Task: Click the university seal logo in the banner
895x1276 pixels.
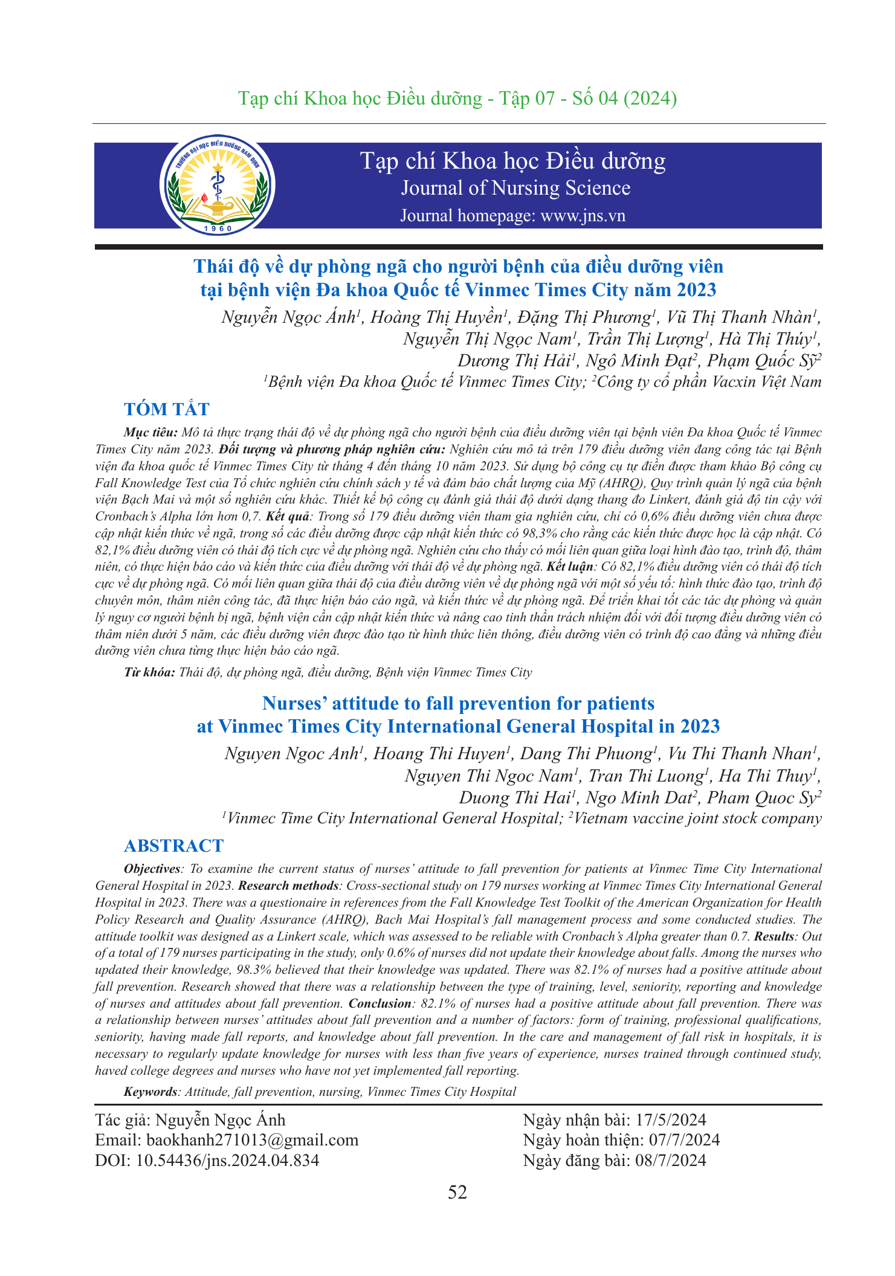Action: click(217, 185)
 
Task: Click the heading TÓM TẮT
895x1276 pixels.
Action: click(167, 409)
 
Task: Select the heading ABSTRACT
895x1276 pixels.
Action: click(173, 846)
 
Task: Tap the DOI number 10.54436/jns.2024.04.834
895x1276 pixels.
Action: click(228, 1161)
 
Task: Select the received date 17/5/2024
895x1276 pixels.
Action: click(671, 1120)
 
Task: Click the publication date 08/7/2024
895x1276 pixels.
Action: click(670, 1161)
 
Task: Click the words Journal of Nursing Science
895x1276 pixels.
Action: click(515, 188)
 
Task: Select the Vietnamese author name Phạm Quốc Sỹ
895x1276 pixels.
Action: click(763, 361)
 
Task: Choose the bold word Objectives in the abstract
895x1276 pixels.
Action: click(152, 869)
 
